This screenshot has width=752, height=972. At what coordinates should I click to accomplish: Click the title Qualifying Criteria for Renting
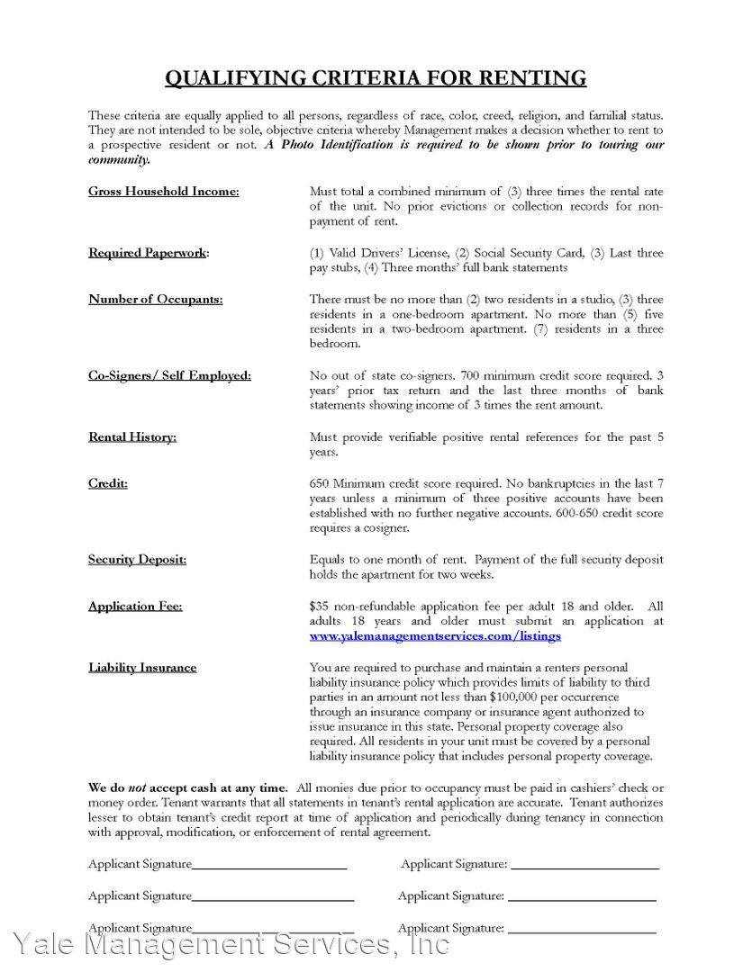pyautogui.click(x=376, y=78)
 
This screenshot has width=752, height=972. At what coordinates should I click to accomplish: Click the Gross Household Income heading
pyautogui.click(x=164, y=191)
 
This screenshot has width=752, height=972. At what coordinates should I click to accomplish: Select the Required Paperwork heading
pyautogui.click(x=148, y=252)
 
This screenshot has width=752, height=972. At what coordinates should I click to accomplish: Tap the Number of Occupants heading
pyautogui.click(x=156, y=299)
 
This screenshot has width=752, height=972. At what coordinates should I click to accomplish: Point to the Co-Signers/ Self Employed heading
pyautogui.click(x=169, y=374)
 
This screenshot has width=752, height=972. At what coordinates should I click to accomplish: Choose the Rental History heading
pyautogui.click(x=132, y=436)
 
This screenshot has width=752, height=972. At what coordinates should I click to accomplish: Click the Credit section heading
pyautogui.click(x=108, y=483)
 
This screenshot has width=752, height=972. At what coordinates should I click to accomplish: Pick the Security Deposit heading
pyautogui.click(x=137, y=559)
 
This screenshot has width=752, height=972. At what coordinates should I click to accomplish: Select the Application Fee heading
pyautogui.click(x=135, y=606)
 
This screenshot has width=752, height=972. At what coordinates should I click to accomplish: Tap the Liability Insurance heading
pyautogui.click(x=142, y=667)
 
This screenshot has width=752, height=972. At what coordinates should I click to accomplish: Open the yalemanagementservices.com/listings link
pyautogui.click(x=435, y=635)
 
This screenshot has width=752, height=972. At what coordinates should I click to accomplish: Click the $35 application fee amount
pyautogui.click(x=320, y=606)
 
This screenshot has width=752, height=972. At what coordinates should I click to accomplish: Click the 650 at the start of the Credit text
pyautogui.click(x=320, y=483)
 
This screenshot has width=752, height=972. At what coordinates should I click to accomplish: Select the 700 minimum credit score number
pyautogui.click(x=474, y=374)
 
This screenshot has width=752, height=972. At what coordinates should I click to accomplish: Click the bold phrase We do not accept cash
pyautogui.click(x=188, y=787)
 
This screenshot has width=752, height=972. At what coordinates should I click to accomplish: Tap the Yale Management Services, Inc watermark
pyautogui.click(x=230, y=945)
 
